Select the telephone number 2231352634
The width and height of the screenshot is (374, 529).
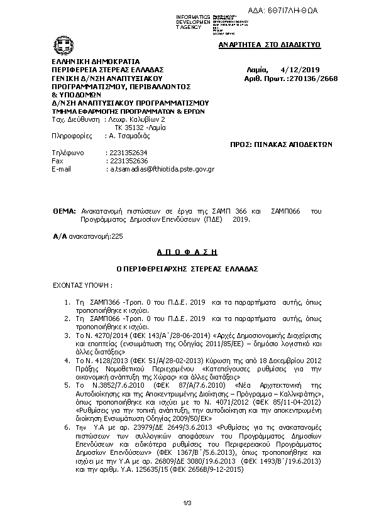[128, 153]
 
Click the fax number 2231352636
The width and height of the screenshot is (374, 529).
[128, 161]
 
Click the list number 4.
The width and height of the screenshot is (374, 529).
[67, 361]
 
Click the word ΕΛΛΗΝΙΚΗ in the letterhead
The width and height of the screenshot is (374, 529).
[70, 61]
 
